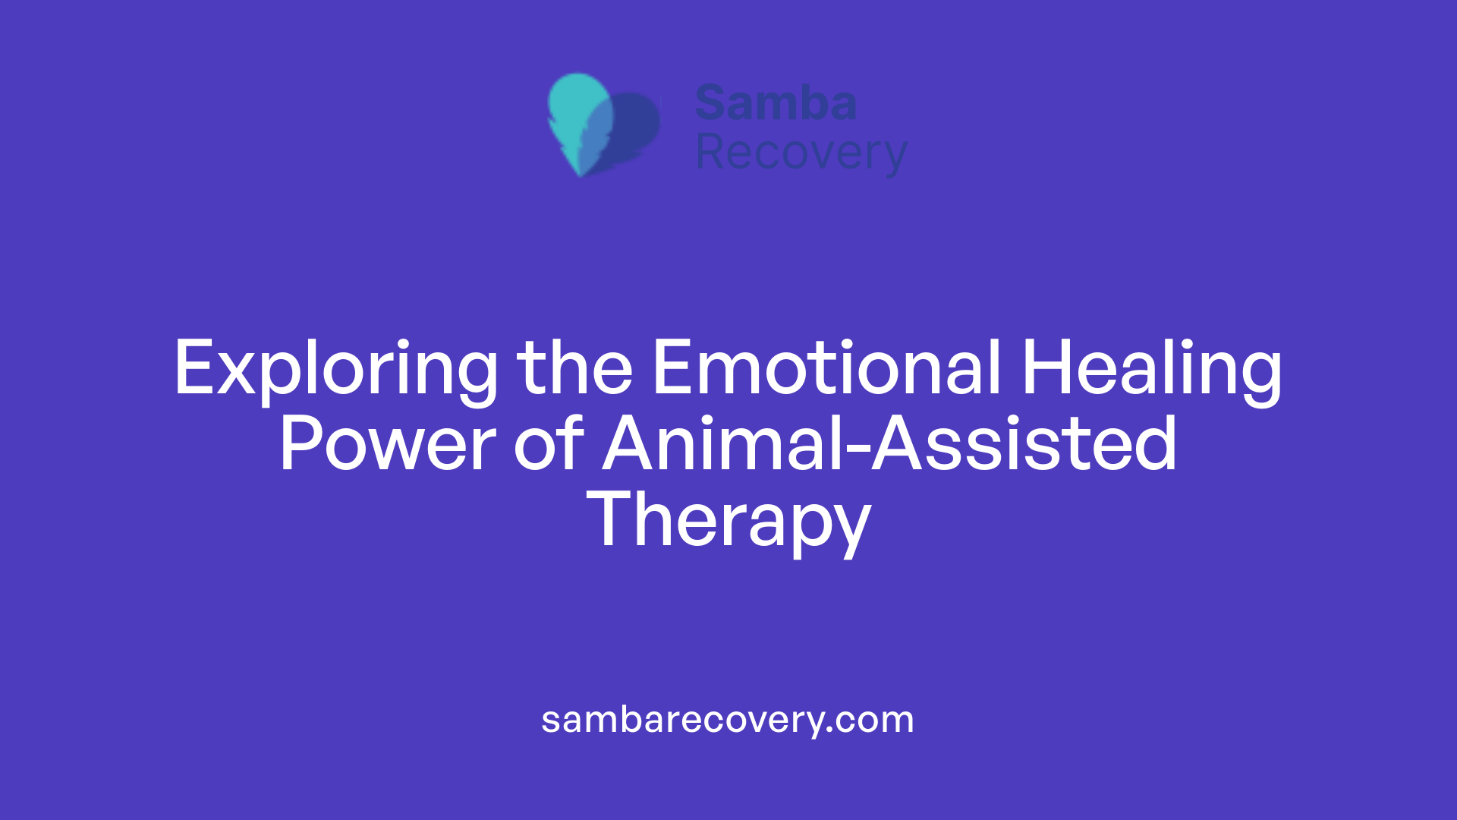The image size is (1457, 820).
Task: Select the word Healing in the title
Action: tap(1151, 369)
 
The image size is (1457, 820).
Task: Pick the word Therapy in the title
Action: tap(728, 521)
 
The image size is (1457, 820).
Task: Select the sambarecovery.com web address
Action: tap(727, 720)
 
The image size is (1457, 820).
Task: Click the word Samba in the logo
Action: tap(776, 103)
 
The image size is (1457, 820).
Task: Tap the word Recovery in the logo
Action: tap(801, 153)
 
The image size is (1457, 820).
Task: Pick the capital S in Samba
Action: tap(712, 103)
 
